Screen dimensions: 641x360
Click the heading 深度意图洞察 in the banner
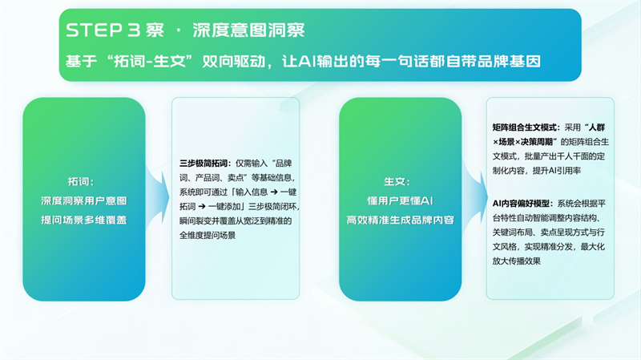tap(248, 30)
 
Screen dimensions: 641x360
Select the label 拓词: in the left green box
tap(81, 182)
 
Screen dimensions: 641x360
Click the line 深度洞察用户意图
tap(84, 201)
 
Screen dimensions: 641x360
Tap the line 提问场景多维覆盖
tap(84, 220)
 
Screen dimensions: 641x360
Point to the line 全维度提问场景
tap(208, 235)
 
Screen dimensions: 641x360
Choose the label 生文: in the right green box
tap(397, 182)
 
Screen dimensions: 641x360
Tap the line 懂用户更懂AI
tap(400, 201)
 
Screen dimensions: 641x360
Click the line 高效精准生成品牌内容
tap(400, 220)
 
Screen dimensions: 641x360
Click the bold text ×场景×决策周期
tap(523, 142)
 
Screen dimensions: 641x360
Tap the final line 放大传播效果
tap(516, 261)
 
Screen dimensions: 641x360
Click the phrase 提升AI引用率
tap(556, 171)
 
